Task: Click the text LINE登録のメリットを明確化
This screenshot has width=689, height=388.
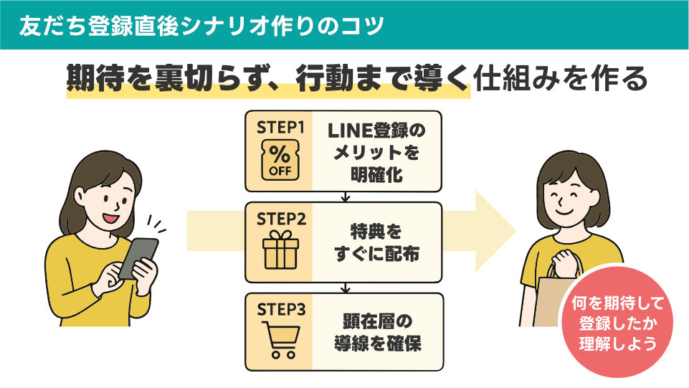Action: (376, 151)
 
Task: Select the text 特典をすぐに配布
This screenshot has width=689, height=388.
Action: (376, 242)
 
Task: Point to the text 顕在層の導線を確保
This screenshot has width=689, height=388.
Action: (376, 332)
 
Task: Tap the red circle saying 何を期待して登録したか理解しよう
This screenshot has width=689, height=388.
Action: (617, 322)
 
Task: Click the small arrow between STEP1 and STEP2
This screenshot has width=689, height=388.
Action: (345, 197)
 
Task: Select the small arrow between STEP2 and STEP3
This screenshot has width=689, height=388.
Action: (345, 288)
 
